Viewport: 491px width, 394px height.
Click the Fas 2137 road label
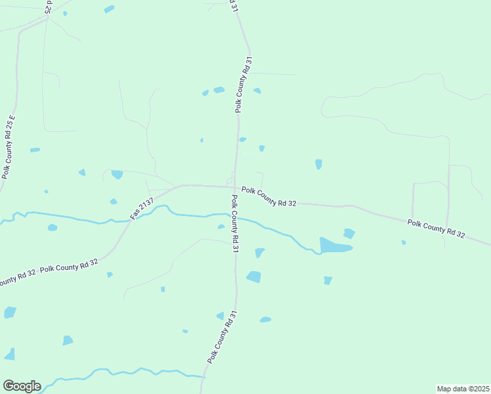[x=141, y=208]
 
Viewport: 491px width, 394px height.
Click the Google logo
[x=21, y=386]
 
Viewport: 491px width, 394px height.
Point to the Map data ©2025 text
[x=463, y=388]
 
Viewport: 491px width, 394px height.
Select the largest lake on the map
[x=335, y=246]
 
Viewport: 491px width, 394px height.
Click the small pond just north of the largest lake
[x=349, y=233]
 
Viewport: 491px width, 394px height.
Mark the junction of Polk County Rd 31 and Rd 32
[x=234, y=187]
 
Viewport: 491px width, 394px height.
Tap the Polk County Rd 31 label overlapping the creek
[x=234, y=223]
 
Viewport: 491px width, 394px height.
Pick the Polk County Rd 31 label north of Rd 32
[x=242, y=85]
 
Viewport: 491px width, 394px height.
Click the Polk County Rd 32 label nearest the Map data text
[x=436, y=229]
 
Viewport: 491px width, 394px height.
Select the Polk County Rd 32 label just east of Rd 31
[x=268, y=196]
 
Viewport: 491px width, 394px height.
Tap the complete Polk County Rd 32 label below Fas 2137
[x=68, y=266]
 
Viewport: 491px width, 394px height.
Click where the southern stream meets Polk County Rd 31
[x=204, y=376]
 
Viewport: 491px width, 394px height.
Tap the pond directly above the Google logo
[x=10, y=354]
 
